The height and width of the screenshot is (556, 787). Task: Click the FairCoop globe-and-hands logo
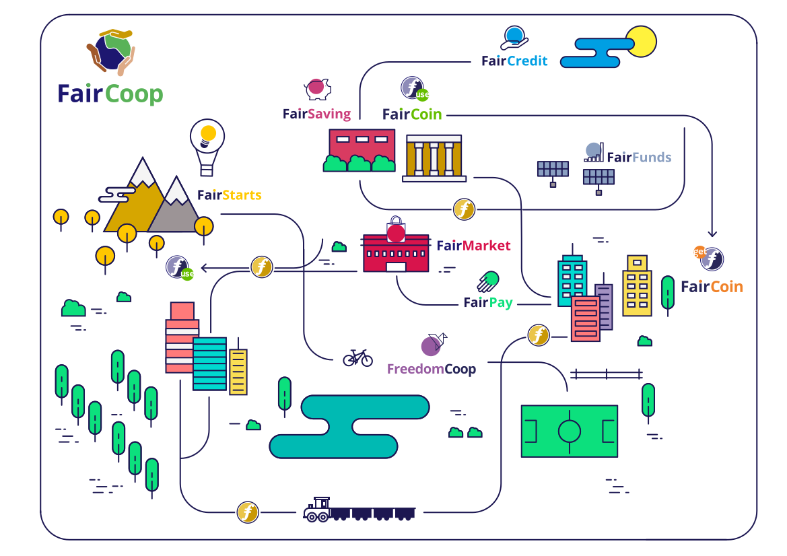pyautogui.click(x=111, y=52)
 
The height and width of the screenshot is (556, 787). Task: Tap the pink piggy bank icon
pyautogui.click(x=316, y=88)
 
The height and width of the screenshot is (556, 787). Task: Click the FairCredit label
pyautogui.click(x=514, y=61)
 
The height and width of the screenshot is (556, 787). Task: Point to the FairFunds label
pyautogui.click(x=639, y=158)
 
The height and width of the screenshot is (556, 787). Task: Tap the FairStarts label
pyautogui.click(x=229, y=195)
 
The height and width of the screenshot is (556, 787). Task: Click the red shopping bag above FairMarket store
pyautogui.click(x=396, y=230)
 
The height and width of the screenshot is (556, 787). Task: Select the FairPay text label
pyautogui.click(x=488, y=303)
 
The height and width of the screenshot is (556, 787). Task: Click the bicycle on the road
pyautogui.click(x=357, y=357)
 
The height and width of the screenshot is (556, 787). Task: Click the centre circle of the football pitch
pyautogui.click(x=570, y=430)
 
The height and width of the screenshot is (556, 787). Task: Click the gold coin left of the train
pyautogui.click(x=248, y=512)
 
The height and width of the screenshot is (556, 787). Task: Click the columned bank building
pyautogui.click(x=434, y=158)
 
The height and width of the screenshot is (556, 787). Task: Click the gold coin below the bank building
pyautogui.click(x=464, y=209)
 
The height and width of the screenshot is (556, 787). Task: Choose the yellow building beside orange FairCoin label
pyautogui.click(x=636, y=286)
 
